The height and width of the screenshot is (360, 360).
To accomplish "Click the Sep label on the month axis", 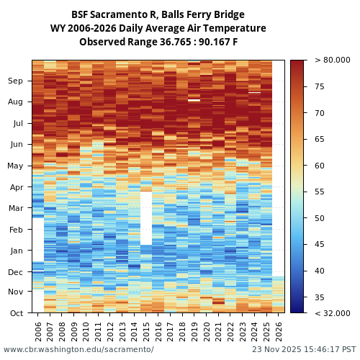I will (16, 81).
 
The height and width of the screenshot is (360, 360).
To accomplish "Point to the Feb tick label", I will (16, 230).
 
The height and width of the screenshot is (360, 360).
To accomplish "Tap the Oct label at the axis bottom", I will (16, 312).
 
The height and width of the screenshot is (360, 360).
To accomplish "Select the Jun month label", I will (16, 145).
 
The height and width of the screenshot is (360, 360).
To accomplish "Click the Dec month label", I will (16, 272).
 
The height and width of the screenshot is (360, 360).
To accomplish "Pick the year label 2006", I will (38, 332).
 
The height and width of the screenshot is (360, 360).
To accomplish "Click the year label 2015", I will (146, 332).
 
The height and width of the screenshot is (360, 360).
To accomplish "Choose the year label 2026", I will (279, 332).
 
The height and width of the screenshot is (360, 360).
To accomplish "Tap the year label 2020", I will (207, 332).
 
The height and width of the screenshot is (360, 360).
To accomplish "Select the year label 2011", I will (98, 332).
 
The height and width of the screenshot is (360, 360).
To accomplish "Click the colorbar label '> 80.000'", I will (333, 60).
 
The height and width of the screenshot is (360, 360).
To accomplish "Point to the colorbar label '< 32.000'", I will (333, 313).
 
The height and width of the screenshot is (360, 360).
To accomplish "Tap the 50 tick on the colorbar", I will (319, 218).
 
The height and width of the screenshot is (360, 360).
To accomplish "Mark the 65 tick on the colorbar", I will (319, 139).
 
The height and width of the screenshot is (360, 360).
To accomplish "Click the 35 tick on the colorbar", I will (319, 297).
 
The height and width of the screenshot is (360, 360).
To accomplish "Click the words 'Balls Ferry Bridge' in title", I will (205, 14).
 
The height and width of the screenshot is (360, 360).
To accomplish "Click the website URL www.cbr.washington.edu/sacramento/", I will (78, 349).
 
